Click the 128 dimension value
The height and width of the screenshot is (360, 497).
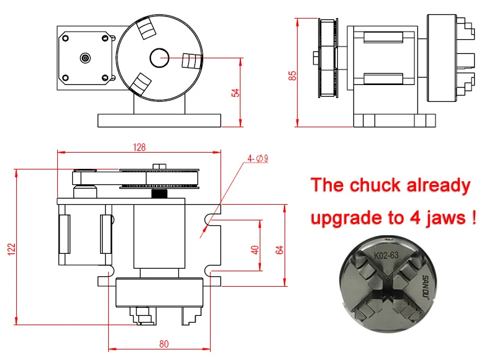(139, 147)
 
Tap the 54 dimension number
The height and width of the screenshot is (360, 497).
(235, 92)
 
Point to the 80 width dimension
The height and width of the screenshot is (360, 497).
(164, 343)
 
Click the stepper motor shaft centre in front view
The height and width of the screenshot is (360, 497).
(85, 58)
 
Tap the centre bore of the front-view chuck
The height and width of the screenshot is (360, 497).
(158, 58)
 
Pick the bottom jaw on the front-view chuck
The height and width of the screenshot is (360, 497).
(142, 84)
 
